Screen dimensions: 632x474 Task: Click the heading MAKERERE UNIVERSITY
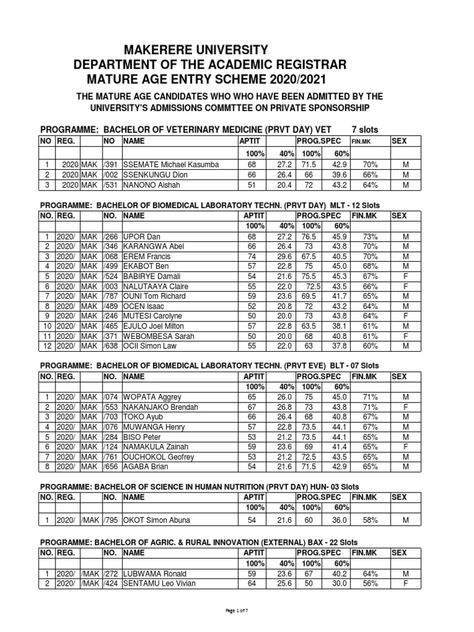pos(180,50)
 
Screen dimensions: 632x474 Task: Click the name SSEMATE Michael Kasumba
pos(171,164)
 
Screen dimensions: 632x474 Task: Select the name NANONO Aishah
pos(149,185)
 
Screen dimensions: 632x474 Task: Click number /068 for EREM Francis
pos(110,257)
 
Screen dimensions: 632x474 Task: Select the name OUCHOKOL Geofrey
pos(159,457)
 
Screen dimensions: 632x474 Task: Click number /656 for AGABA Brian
pos(110,467)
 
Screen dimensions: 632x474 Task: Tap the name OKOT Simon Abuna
pos(157,520)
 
